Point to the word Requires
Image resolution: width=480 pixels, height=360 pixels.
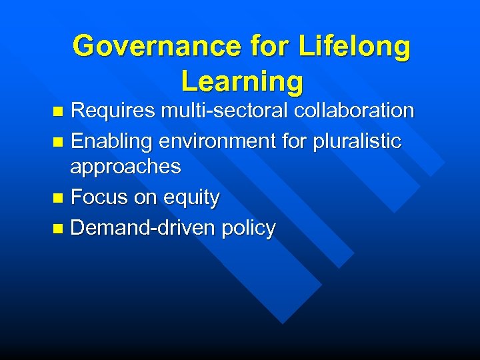click(x=113, y=111)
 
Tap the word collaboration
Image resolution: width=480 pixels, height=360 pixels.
click(x=356, y=111)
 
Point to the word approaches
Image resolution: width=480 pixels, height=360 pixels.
click(x=125, y=167)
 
